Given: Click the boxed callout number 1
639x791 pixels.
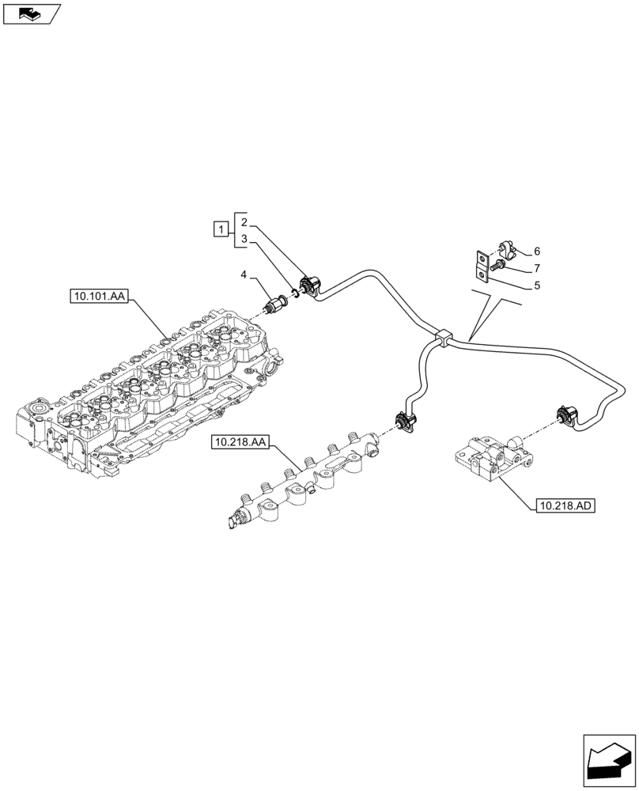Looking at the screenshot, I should pos(221,230).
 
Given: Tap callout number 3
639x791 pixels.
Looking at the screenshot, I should pos(245,238).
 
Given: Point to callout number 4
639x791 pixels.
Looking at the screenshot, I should pos(245,274).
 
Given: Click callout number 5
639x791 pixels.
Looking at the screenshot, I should pos(537,286).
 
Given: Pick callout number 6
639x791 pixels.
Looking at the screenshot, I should pos(537,251).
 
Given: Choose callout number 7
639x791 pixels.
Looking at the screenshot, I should pos(537,268).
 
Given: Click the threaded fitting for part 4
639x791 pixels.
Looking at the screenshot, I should pos(278,303).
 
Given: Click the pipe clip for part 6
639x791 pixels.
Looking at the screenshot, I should pos(505,252).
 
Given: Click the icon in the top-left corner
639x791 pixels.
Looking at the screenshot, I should pos(32,13).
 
